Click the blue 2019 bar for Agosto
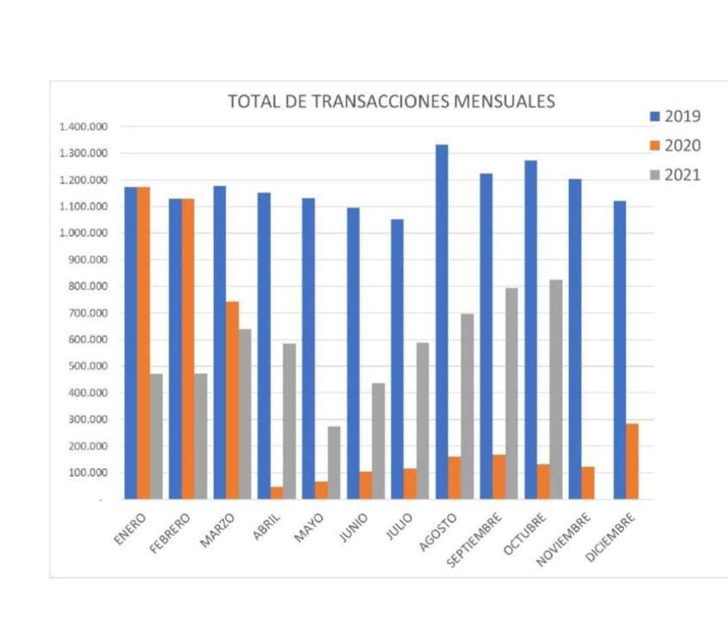click(x=441, y=322)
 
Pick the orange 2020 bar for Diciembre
click(x=632, y=461)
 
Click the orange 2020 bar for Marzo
click(x=232, y=400)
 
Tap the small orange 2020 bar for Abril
click(x=277, y=493)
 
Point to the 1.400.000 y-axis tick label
click(x=83, y=127)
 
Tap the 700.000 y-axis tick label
click(x=89, y=313)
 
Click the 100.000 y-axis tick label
click(x=89, y=473)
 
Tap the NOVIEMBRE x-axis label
click(x=564, y=539)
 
